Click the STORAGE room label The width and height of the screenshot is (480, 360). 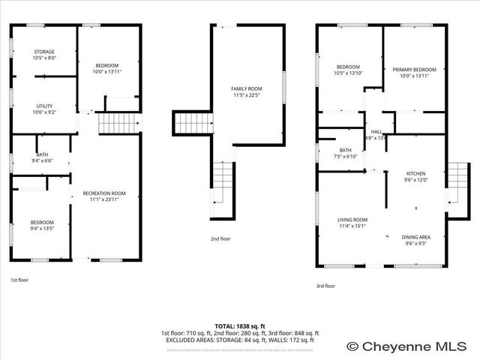pos(44,52)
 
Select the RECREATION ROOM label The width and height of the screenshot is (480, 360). pos(104,193)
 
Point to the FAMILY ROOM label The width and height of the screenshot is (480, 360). pos(246,89)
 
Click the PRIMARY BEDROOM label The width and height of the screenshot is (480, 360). pos(414,70)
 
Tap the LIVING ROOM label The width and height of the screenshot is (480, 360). pos(352,219)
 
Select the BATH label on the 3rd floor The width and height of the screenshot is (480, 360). pos(345,150)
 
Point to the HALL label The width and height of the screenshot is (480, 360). pos(376,132)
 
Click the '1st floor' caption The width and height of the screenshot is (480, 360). pos(19,280)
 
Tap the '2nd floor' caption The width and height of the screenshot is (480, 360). pos(220,238)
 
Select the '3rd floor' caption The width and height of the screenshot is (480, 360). pos(325,286)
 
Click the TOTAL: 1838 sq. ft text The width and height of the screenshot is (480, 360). pos(240,326)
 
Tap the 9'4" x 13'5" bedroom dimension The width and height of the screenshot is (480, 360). pos(42,228)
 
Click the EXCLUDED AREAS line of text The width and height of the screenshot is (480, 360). pos(240,340)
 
